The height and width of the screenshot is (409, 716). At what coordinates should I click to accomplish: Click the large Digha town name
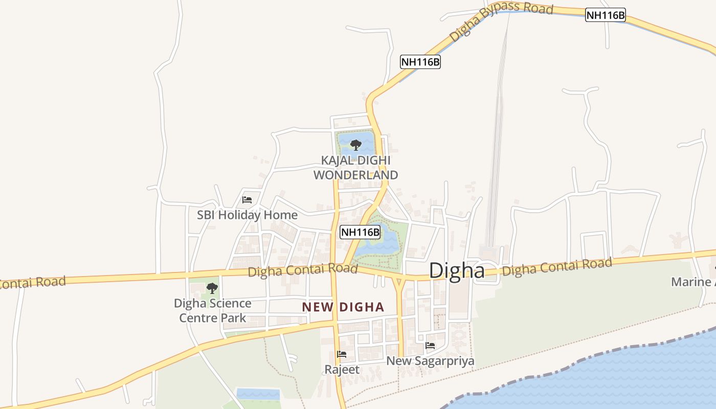(457, 270)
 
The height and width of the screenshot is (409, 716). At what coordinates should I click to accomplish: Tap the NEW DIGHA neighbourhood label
(343, 307)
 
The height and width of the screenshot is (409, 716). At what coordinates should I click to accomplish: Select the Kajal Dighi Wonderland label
(355, 168)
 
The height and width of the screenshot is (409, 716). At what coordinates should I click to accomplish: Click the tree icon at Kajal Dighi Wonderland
(356, 145)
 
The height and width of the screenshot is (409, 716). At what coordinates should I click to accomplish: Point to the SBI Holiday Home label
(247, 215)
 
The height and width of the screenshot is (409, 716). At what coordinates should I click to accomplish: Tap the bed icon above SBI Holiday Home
(247, 200)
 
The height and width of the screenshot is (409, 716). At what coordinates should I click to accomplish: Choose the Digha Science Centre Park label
(212, 310)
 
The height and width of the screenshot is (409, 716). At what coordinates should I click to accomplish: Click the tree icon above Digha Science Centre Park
(212, 288)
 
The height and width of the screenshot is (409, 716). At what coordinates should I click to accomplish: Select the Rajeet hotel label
(342, 369)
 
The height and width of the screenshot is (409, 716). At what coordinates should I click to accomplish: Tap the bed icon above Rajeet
(342, 354)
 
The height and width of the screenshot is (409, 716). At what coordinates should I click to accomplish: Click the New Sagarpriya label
(430, 361)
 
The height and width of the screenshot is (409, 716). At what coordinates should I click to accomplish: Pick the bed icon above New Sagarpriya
(430, 346)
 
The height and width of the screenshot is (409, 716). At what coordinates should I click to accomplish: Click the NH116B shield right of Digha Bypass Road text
(606, 15)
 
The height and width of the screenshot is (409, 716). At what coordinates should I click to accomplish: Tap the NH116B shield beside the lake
(361, 232)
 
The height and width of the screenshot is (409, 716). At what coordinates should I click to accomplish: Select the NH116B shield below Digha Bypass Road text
(420, 62)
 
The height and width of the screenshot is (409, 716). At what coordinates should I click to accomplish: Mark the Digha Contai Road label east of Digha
(557, 266)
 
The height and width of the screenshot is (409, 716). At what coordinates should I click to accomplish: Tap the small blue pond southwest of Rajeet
(258, 394)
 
